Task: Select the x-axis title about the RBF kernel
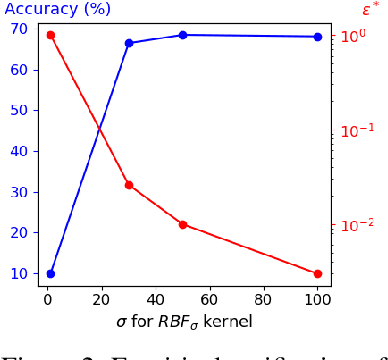(184, 322)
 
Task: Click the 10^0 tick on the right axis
(355, 36)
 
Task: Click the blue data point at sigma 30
(129, 43)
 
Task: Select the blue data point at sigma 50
(183, 35)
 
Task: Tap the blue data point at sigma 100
(318, 37)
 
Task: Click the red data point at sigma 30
(129, 185)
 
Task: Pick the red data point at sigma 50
(183, 225)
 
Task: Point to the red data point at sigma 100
(318, 273)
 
